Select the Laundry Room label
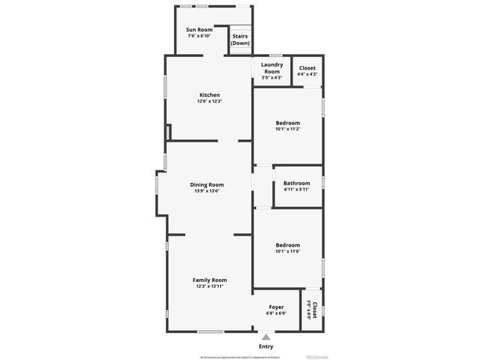tap(271, 67)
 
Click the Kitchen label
tap(209, 94)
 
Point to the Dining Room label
tap(206, 184)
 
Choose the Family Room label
tap(209, 280)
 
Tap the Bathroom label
tap(296, 183)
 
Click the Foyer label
tap(277, 307)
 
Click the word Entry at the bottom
tap(266, 346)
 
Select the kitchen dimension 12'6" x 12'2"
tap(209, 101)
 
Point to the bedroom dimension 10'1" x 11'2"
tap(287, 129)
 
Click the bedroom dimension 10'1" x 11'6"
tap(287, 251)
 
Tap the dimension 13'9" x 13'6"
tap(206, 190)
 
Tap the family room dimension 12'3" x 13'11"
tap(209, 286)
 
